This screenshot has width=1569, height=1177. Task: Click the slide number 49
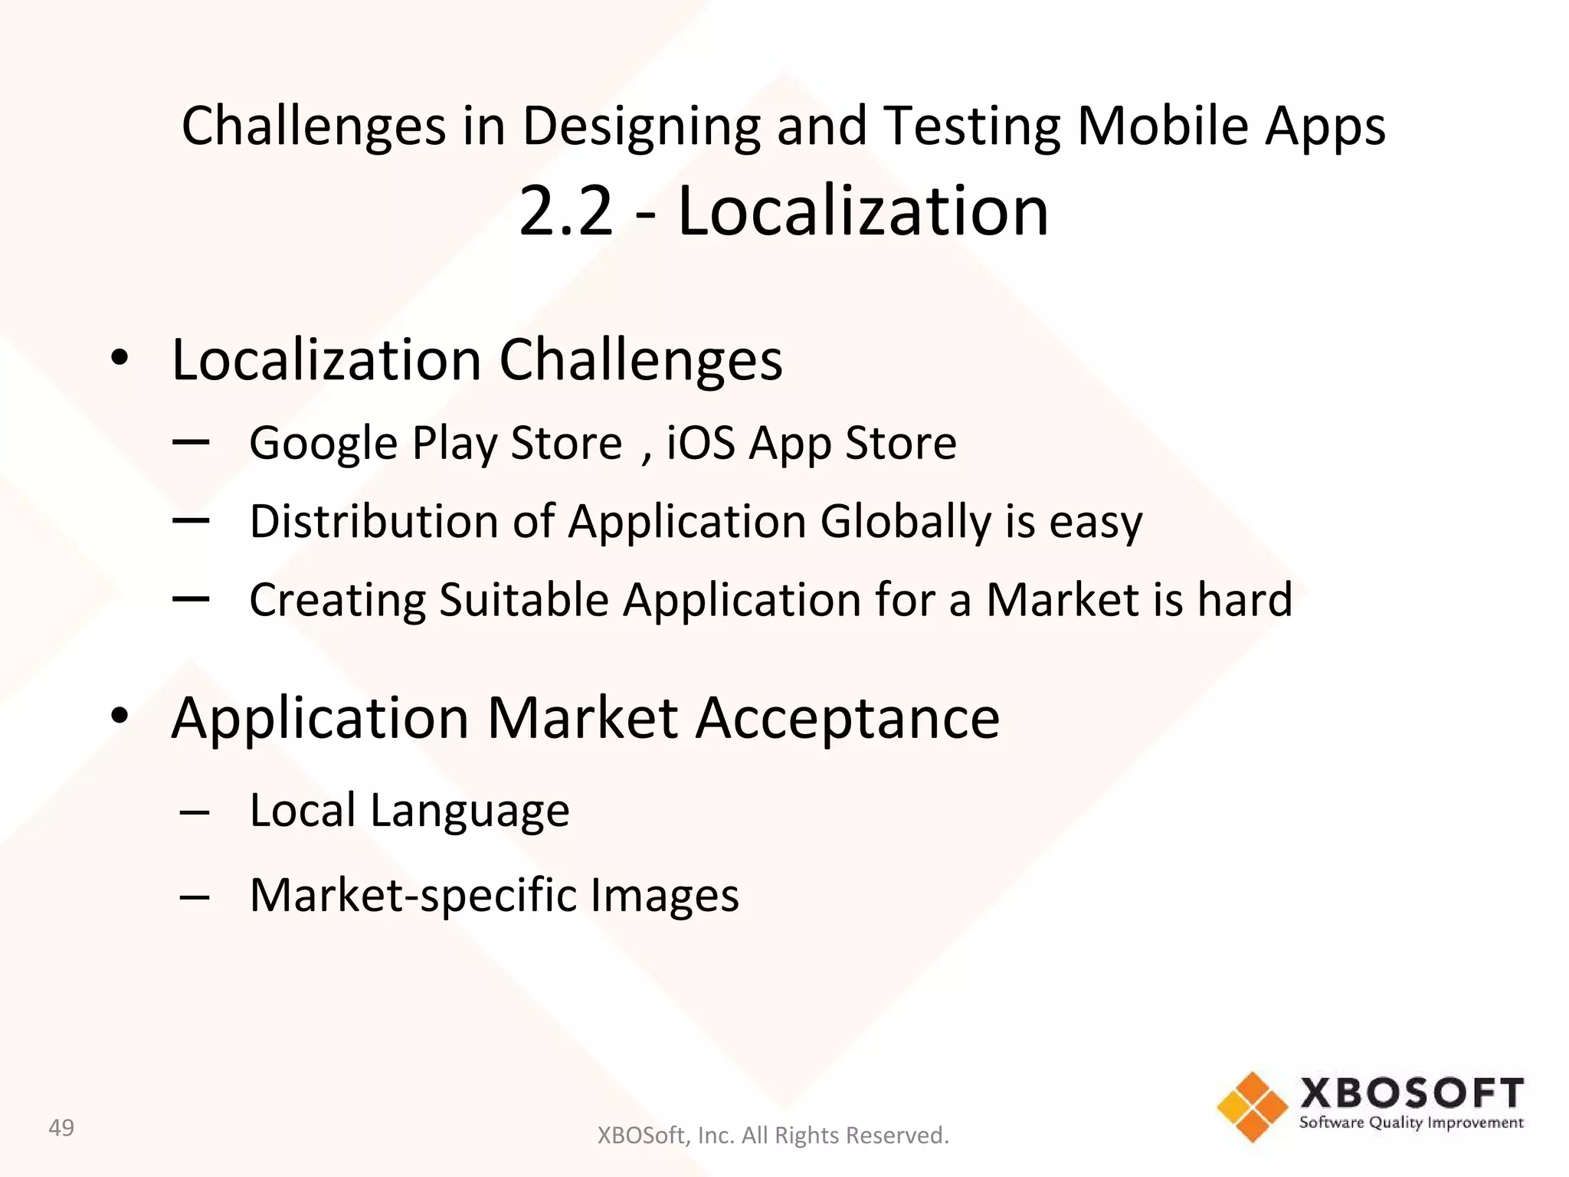tap(61, 1127)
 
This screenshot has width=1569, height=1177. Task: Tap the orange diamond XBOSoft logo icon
tap(1253, 1107)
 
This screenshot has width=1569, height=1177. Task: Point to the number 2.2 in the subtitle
tap(566, 211)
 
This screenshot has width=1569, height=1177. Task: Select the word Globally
tap(906, 522)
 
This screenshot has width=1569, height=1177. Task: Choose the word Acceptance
tap(847, 718)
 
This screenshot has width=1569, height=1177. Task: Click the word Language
tap(470, 811)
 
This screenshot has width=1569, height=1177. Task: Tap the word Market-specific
tap(414, 895)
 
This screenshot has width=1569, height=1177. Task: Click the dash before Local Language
tap(195, 813)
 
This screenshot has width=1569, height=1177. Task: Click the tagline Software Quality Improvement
tap(1411, 1123)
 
